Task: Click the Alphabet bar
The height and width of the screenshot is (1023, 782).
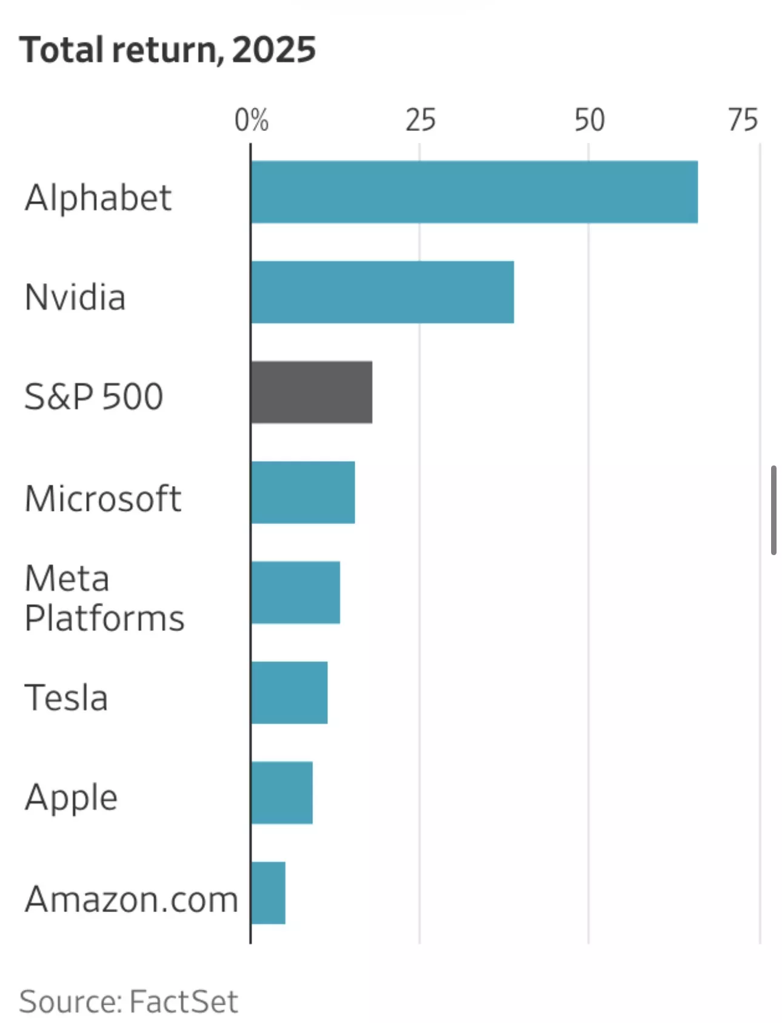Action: (474, 192)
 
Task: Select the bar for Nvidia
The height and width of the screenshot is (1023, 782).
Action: (383, 292)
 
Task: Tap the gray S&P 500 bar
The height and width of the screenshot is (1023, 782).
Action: (312, 392)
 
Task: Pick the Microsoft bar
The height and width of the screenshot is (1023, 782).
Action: (303, 492)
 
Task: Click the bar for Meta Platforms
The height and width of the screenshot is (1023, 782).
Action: (296, 592)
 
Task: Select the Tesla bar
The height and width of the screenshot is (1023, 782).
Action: (290, 692)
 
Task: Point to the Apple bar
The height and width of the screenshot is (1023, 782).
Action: (282, 792)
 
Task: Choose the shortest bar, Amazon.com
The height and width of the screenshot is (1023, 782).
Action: (269, 893)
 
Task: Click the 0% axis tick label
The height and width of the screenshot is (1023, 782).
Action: (252, 120)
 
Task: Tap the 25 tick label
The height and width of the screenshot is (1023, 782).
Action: (420, 120)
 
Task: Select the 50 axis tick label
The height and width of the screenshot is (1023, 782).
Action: (589, 120)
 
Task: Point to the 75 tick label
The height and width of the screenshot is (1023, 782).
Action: (743, 120)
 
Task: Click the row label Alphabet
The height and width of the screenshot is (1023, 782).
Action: (98, 198)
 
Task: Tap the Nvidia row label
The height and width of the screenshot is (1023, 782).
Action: (75, 298)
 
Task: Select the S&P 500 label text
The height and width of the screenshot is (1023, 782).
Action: (94, 397)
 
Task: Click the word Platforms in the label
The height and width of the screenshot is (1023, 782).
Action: (104, 618)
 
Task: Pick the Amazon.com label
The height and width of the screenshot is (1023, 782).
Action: (131, 899)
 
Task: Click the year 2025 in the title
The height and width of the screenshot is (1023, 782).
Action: (273, 50)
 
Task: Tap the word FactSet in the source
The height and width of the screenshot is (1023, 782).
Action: (183, 1001)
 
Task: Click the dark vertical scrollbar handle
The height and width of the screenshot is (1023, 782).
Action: (774, 510)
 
